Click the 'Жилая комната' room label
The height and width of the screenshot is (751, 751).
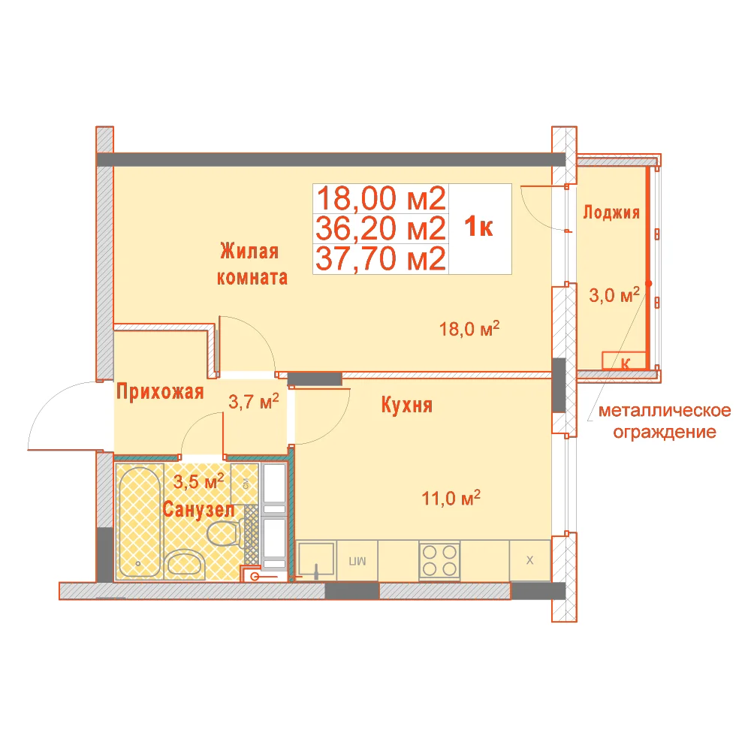[x=252, y=264]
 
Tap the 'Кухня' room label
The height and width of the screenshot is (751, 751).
[x=407, y=406]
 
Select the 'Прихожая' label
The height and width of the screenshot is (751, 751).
[x=160, y=392]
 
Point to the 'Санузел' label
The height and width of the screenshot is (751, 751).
[x=199, y=509]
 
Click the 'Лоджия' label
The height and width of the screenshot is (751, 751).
[x=611, y=213]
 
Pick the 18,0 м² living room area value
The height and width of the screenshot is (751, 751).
[x=469, y=329]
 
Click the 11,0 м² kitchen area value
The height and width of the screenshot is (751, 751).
[x=451, y=498]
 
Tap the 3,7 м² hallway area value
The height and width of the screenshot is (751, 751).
[x=253, y=401]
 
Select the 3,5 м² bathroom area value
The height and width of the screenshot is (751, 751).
[x=198, y=481]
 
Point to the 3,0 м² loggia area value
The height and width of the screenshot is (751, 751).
[x=614, y=295]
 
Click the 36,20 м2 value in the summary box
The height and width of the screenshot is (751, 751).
[x=381, y=228]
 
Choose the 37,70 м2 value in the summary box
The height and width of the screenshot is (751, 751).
[x=381, y=258]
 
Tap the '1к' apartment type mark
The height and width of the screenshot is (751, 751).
[x=478, y=227]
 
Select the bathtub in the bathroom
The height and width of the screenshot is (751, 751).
[x=140, y=522]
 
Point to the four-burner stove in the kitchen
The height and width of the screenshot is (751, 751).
[x=439, y=560]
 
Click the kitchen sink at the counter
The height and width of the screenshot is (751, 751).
[x=316, y=559]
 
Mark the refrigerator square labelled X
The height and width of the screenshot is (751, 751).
[x=529, y=560]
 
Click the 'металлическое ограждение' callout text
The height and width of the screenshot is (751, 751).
[x=665, y=421]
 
